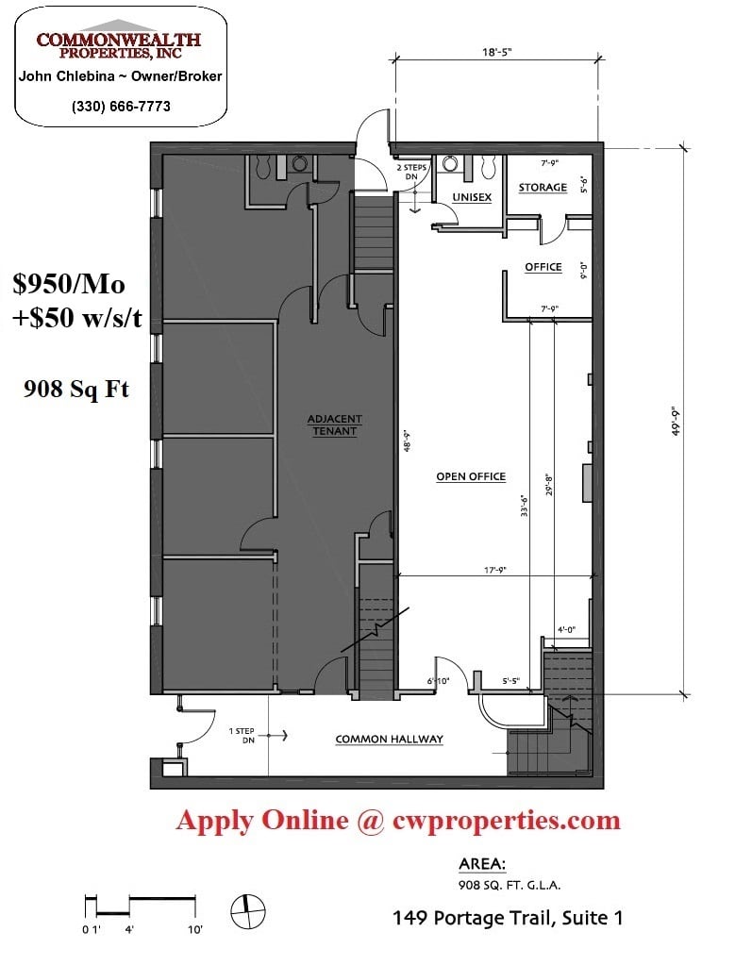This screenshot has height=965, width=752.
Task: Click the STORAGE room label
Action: point(543,187)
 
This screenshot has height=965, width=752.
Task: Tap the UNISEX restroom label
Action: point(472,197)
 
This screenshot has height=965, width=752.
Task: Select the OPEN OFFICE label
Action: point(471,476)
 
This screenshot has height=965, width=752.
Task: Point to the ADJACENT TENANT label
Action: point(334,424)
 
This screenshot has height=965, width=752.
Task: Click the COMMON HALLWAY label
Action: point(389,740)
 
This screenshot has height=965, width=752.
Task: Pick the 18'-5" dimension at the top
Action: point(496,52)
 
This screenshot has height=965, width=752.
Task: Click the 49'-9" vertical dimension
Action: point(676,421)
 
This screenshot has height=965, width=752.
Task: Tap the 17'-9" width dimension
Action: point(494,571)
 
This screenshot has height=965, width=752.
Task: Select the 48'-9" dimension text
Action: point(406,441)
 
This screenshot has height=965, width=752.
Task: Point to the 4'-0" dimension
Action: point(566,629)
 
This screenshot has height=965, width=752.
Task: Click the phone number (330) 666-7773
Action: point(121,107)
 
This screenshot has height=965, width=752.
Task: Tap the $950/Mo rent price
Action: point(69,284)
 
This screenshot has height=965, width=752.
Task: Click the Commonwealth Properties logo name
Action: point(119,45)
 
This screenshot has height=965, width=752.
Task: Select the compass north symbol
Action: point(247,911)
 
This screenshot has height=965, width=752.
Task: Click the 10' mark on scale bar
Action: point(195,929)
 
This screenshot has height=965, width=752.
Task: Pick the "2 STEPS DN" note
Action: point(411,172)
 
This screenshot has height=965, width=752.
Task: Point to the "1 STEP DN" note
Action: point(242,736)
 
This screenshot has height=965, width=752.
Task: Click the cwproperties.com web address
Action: point(507,821)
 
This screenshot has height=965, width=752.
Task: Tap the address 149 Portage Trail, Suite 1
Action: point(508,918)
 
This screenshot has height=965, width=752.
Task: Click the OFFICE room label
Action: point(543,267)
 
